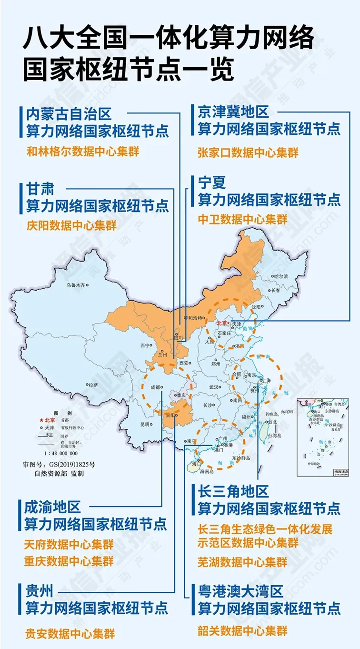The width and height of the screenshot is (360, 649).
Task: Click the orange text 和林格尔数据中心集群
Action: click(x=79, y=152)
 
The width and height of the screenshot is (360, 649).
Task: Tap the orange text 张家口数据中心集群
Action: click(x=248, y=152)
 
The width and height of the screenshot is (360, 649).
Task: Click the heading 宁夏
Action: click(x=212, y=182)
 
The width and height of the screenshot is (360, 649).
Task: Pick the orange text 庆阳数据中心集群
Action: click(x=71, y=225)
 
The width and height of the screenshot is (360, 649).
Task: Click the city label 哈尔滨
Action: click(x=281, y=276)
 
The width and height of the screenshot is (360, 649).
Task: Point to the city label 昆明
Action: click(x=145, y=424)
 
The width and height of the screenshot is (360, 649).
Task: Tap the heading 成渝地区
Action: click(x=53, y=506)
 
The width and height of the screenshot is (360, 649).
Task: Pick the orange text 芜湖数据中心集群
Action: click(x=242, y=560)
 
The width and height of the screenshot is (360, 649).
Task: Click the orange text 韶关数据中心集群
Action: click(x=242, y=631)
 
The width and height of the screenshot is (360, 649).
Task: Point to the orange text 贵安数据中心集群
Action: click(x=70, y=633)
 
